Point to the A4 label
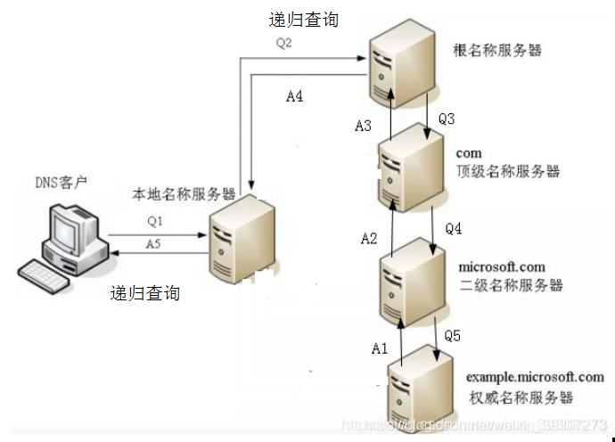[x=294, y=96]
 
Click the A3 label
[x=363, y=127]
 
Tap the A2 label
[x=369, y=238]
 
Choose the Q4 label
[x=454, y=229]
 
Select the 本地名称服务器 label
[x=184, y=193]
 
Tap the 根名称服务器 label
[x=497, y=52]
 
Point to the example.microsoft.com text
[x=529, y=377]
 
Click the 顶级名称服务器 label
[x=508, y=172]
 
